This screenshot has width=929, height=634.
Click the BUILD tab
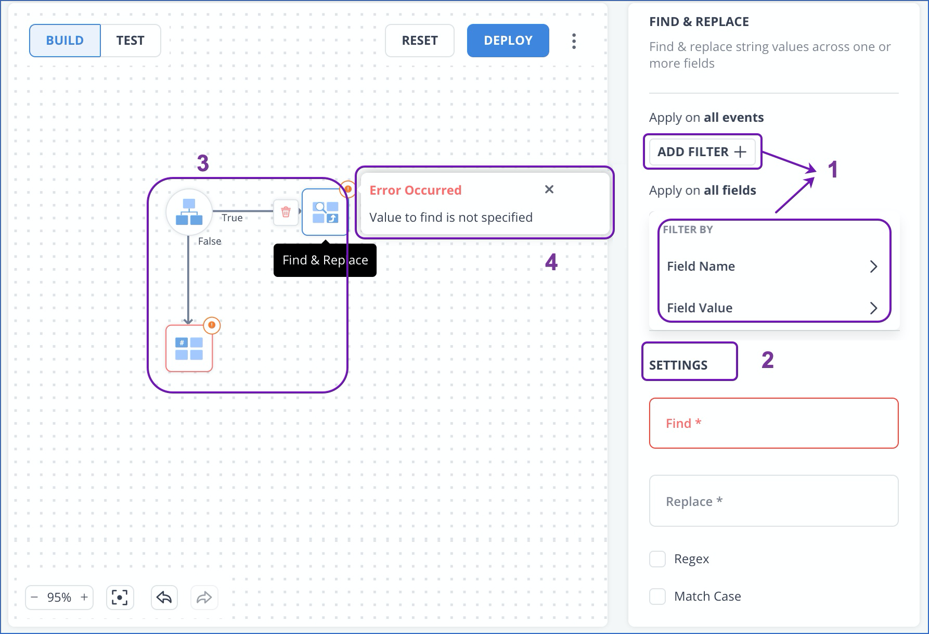tap(65, 41)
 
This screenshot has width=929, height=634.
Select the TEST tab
tap(130, 41)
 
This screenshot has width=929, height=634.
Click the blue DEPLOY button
tap(508, 41)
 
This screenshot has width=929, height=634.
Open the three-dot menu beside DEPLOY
tap(574, 41)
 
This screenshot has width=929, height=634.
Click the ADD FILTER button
tap(702, 152)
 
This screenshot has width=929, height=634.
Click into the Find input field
tap(773, 423)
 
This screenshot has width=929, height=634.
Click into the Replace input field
tap(773, 501)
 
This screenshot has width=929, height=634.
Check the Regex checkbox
tap(657, 559)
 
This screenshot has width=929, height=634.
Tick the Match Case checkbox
tap(657, 597)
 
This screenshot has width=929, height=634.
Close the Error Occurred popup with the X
tap(549, 189)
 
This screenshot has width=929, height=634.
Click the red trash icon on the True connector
tap(286, 212)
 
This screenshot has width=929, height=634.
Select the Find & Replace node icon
tap(325, 212)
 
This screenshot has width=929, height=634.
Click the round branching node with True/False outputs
tap(189, 212)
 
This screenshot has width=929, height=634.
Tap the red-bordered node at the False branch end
tap(189, 348)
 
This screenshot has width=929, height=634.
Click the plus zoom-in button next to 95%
tap(84, 598)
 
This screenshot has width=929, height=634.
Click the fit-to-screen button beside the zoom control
tap(120, 598)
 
